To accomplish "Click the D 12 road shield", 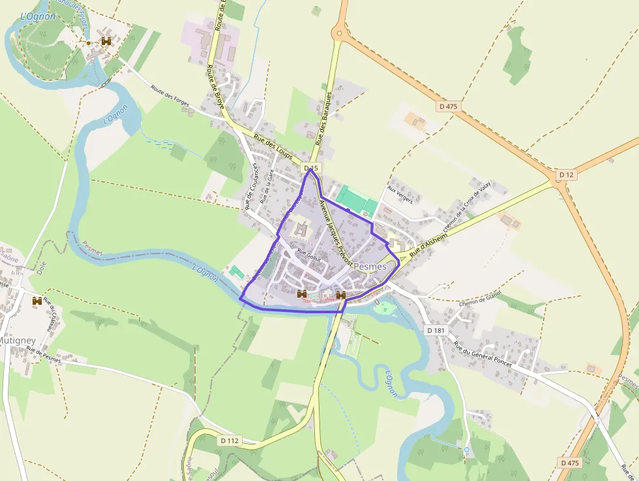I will [x=566, y=175].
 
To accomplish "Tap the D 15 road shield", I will [x=311, y=168].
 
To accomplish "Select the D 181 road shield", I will [x=436, y=331].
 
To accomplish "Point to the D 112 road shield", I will [x=230, y=441].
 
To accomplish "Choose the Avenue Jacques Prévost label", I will [x=336, y=232].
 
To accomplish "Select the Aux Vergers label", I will [x=400, y=194].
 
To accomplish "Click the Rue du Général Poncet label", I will [x=483, y=354].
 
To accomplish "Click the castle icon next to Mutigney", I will [x=37, y=301].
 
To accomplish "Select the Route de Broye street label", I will [x=214, y=85].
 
